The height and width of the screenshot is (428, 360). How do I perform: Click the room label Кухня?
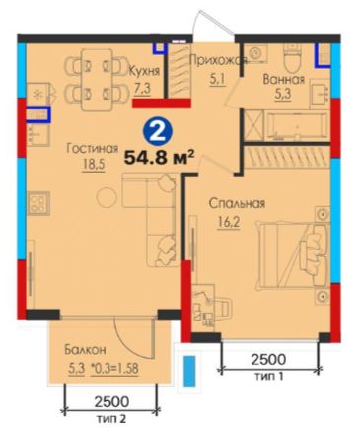[x=144, y=70]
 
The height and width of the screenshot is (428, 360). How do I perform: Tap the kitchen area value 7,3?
[x=142, y=88]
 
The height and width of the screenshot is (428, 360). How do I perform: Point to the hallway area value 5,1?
[x=217, y=79]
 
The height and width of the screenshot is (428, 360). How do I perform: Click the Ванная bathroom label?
[x=284, y=80]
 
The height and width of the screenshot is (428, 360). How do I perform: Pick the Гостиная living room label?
[x=93, y=149]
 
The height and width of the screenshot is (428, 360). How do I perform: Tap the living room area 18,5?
[x=93, y=165]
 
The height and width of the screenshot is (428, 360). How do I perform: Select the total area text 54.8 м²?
[x=158, y=158]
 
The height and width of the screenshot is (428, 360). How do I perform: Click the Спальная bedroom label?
[x=237, y=203]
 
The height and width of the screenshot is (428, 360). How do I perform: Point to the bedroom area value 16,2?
[x=228, y=222]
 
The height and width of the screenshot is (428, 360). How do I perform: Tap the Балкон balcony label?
[x=85, y=350]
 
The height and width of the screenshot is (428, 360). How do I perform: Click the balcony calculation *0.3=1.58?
[x=114, y=368]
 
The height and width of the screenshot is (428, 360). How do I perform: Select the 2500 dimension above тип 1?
[x=268, y=360]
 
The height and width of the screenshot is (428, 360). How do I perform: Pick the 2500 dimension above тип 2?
[x=111, y=401]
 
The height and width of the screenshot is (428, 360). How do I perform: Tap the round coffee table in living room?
[x=107, y=197]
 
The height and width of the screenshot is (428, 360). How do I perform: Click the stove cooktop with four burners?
[x=38, y=203]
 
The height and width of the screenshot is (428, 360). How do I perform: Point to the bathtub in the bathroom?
[x=297, y=126]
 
